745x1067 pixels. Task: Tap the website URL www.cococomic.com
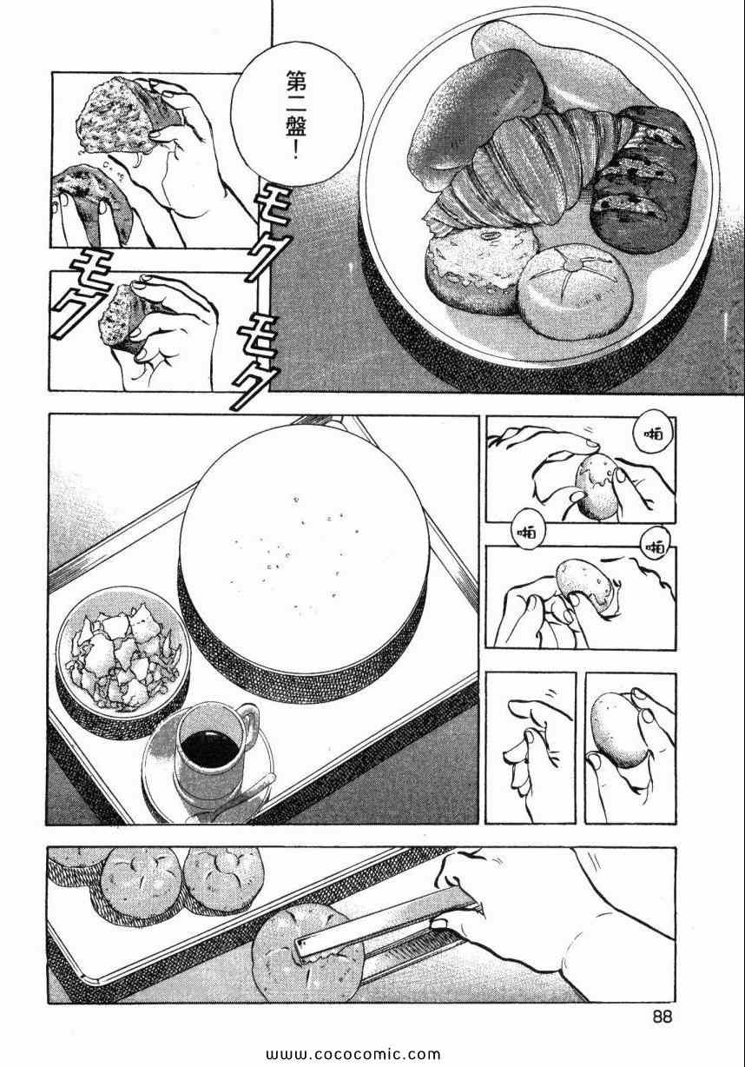[x=353, y=1054]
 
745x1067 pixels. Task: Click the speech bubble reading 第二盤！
[x=297, y=116]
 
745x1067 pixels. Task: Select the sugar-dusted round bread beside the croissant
[x=478, y=269]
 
